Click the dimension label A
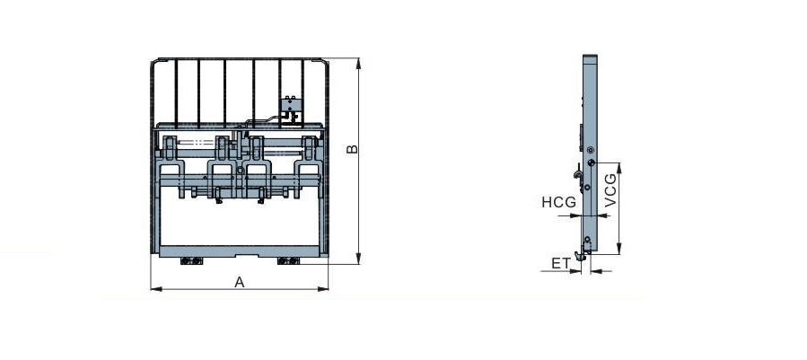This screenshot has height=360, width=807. coord(240,282)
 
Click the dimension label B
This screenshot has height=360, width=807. coord(352,149)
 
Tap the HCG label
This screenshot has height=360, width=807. coord(558,202)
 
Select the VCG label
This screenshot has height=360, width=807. coord(610,190)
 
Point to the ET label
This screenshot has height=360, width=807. coord(561,264)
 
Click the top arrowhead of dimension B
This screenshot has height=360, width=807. coord(358,64)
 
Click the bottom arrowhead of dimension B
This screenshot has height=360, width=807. coord(358,259)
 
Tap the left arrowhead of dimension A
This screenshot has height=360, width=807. coord(156,289)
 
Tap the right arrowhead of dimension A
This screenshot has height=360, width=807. coord(322,289)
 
